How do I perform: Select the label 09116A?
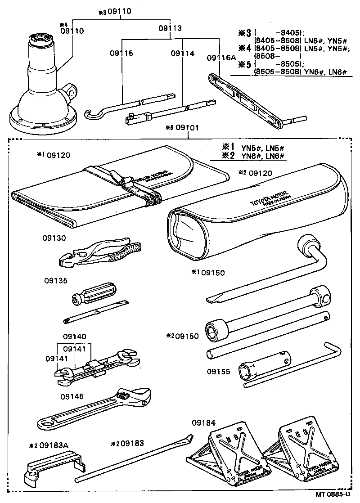pyautogui.click(x=220, y=58)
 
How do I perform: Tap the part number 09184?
pyautogui.click(x=203, y=422)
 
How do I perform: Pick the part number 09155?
pyautogui.click(x=219, y=372)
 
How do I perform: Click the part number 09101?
pyautogui.click(x=187, y=128)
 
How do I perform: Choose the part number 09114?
pyautogui.click(x=182, y=53)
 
